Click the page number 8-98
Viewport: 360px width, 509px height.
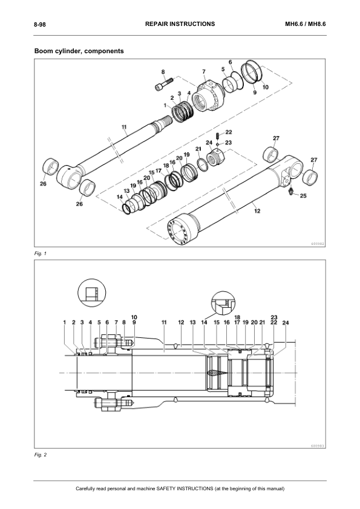point(40,24)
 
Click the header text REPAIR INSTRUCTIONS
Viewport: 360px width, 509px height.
point(180,24)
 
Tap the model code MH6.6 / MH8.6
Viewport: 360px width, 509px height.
point(306,24)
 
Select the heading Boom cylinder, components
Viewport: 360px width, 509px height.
point(79,51)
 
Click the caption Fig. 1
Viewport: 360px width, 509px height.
point(41,253)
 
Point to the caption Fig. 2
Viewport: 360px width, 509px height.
point(41,455)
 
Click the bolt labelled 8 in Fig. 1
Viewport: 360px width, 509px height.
point(163,85)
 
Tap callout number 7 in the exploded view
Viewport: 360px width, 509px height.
point(204,71)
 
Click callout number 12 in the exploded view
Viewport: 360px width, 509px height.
point(257,211)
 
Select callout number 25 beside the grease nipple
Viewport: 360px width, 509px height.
point(303,196)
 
